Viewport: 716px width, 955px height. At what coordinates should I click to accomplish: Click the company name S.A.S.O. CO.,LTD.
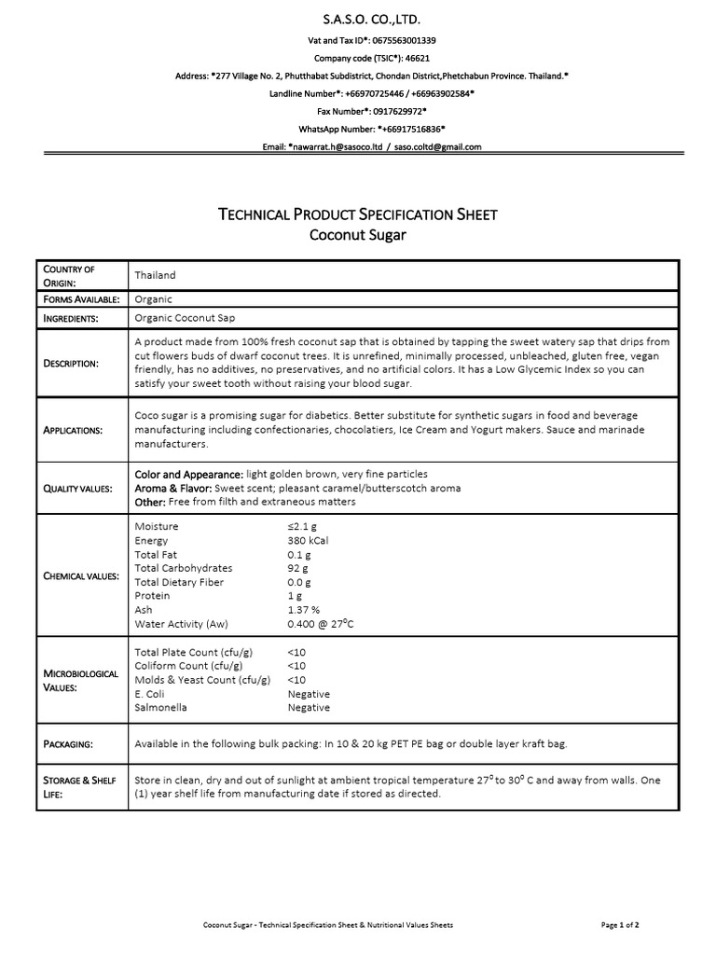[358, 20]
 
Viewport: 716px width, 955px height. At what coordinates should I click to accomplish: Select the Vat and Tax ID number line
[358, 41]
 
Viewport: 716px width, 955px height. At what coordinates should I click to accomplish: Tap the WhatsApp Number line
[358, 129]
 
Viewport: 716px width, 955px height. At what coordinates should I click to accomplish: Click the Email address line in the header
[358, 146]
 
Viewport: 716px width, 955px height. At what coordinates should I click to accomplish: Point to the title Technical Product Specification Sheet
[358, 215]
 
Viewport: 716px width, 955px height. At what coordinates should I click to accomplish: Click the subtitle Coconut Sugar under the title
[358, 235]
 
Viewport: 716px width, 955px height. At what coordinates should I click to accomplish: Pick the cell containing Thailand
[156, 275]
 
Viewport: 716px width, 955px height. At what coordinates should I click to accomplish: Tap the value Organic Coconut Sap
[184, 318]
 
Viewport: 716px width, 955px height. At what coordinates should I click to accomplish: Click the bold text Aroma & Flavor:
[174, 489]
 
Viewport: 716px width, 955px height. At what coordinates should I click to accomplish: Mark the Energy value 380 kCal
[308, 540]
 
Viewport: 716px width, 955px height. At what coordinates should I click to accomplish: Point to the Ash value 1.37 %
[304, 610]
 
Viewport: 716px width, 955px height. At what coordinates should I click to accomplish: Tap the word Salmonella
[161, 708]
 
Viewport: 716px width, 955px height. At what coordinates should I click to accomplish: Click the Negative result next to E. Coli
[309, 694]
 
